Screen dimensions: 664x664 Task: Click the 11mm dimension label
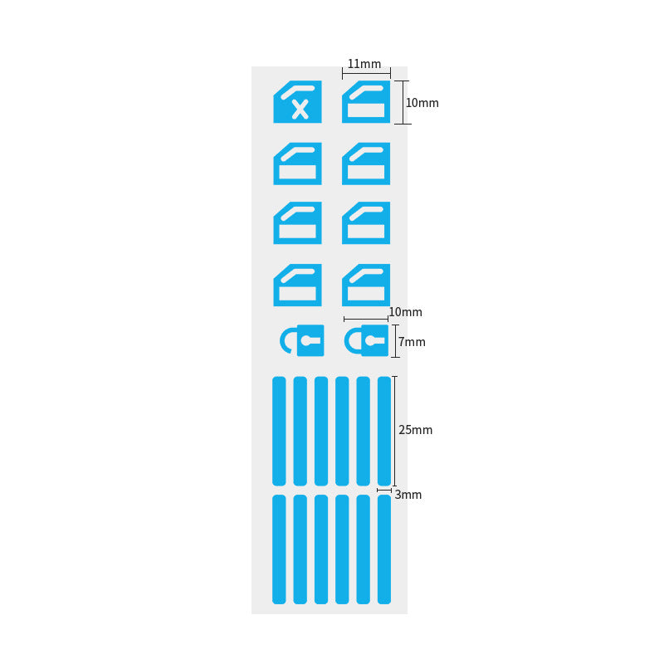pos(364,64)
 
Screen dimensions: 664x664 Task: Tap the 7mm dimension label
pos(412,342)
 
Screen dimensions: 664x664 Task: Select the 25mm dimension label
pos(416,430)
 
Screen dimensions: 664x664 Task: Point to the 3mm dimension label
pos(408,495)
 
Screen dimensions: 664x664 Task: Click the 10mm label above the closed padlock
pos(405,312)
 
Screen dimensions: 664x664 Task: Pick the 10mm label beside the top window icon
pos(422,103)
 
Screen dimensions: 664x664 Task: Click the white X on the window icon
pos(300,110)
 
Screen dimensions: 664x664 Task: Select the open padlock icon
pos(302,340)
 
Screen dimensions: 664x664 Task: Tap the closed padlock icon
pos(366,340)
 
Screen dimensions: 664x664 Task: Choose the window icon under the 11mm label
pos(366,101)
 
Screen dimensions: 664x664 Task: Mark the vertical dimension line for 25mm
pos(395,431)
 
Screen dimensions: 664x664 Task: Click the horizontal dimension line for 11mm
pos(366,73)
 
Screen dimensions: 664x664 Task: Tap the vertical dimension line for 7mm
pos(396,341)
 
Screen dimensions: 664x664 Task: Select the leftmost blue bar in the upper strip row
pos(279,431)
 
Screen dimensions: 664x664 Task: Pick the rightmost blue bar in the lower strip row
pos(384,549)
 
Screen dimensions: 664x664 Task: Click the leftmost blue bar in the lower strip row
pos(279,549)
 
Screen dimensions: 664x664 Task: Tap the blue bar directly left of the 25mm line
pos(384,431)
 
